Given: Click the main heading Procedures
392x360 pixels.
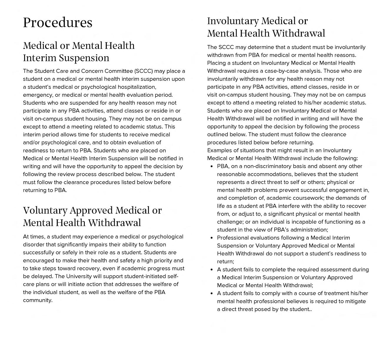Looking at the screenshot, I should (x=58, y=23).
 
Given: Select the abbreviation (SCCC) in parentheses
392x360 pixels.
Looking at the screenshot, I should (x=143, y=71).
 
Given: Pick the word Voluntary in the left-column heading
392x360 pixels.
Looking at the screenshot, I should (x=45, y=211).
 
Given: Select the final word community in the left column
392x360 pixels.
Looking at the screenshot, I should (x=37, y=300).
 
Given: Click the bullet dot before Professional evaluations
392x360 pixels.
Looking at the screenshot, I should (x=212, y=238).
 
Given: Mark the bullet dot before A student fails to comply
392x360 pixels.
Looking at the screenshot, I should (x=212, y=293).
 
